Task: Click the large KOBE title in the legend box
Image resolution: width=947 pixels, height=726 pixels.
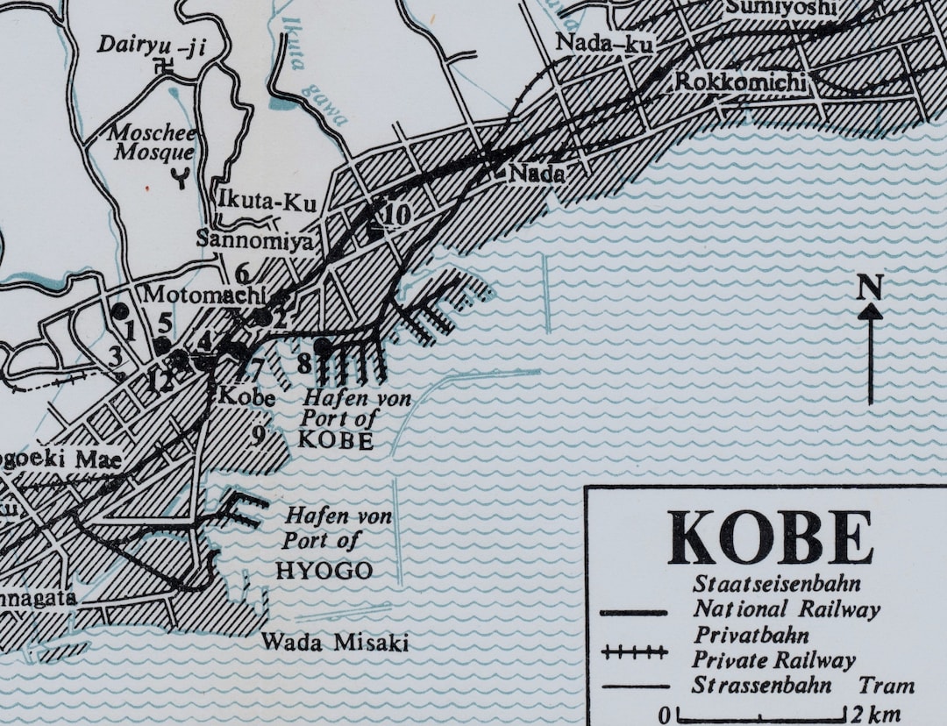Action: (770, 537)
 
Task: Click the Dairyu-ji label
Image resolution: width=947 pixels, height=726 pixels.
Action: (150, 45)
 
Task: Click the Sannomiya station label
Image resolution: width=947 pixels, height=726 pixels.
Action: (253, 238)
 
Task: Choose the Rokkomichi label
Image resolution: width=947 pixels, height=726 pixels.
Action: (740, 82)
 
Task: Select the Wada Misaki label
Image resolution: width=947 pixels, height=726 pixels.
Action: (334, 643)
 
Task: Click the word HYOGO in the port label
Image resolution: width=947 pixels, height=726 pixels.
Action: (324, 572)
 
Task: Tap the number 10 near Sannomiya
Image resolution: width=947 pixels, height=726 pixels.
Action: (396, 214)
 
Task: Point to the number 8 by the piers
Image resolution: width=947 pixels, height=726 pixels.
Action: (304, 362)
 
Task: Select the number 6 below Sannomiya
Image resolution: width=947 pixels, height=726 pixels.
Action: (243, 273)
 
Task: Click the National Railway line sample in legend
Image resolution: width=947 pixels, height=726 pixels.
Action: (635, 611)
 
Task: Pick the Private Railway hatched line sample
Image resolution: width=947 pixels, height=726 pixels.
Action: (635, 652)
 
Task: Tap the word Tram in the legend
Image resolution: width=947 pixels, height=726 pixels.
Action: (886, 686)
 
